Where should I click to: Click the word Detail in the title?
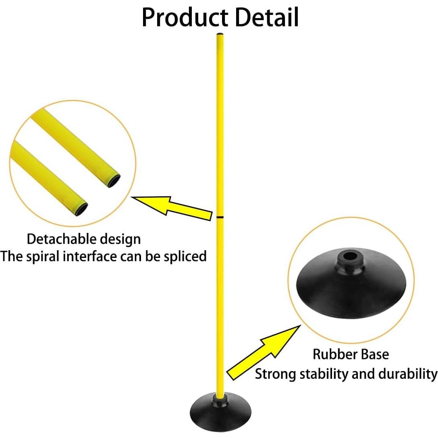tap(267, 17)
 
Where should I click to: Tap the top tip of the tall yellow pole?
tap(220, 34)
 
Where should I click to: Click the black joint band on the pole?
tap(220, 217)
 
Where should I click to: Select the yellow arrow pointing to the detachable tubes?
tap(172, 208)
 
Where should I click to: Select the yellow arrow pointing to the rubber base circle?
tap(264, 353)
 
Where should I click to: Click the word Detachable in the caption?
tap(62, 239)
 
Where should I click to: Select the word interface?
tap(90, 256)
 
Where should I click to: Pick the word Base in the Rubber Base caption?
tap(375, 354)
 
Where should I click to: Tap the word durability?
tap(407, 374)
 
